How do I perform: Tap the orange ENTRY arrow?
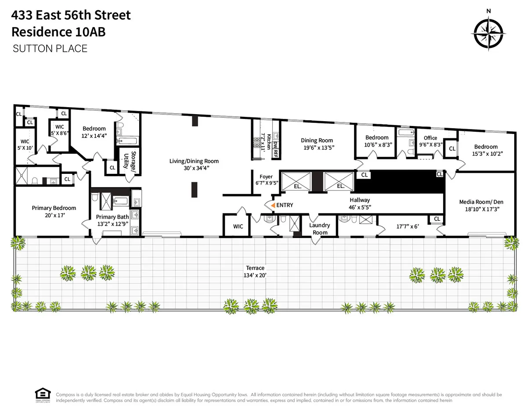click(273, 205)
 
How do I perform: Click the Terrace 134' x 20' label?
click(255, 271)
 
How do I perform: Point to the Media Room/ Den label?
click(481, 205)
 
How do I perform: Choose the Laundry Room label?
click(320, 229)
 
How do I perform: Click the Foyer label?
click(266, 180)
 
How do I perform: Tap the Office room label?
click(430, 140)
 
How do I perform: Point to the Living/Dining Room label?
click(194, 164)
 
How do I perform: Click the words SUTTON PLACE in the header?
click(50, 48)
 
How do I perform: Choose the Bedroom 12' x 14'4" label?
click(94, 132)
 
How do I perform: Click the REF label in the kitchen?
click(276, 152)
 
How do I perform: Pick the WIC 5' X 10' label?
click(25, 144)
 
